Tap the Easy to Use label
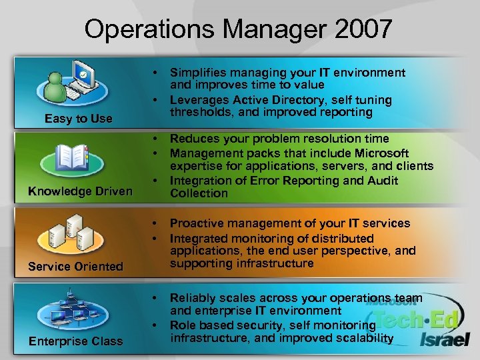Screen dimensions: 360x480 pyautogui.click(x=78, y=119)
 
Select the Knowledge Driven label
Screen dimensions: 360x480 pyautogui.click(x=80, y=191)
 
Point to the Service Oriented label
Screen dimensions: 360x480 pyautogui.click(x=75, y=266)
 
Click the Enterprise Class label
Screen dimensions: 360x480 pyautogui.click(x=75, y=341)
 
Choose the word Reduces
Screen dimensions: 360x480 pyautogui.click(x=193, y=139)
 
